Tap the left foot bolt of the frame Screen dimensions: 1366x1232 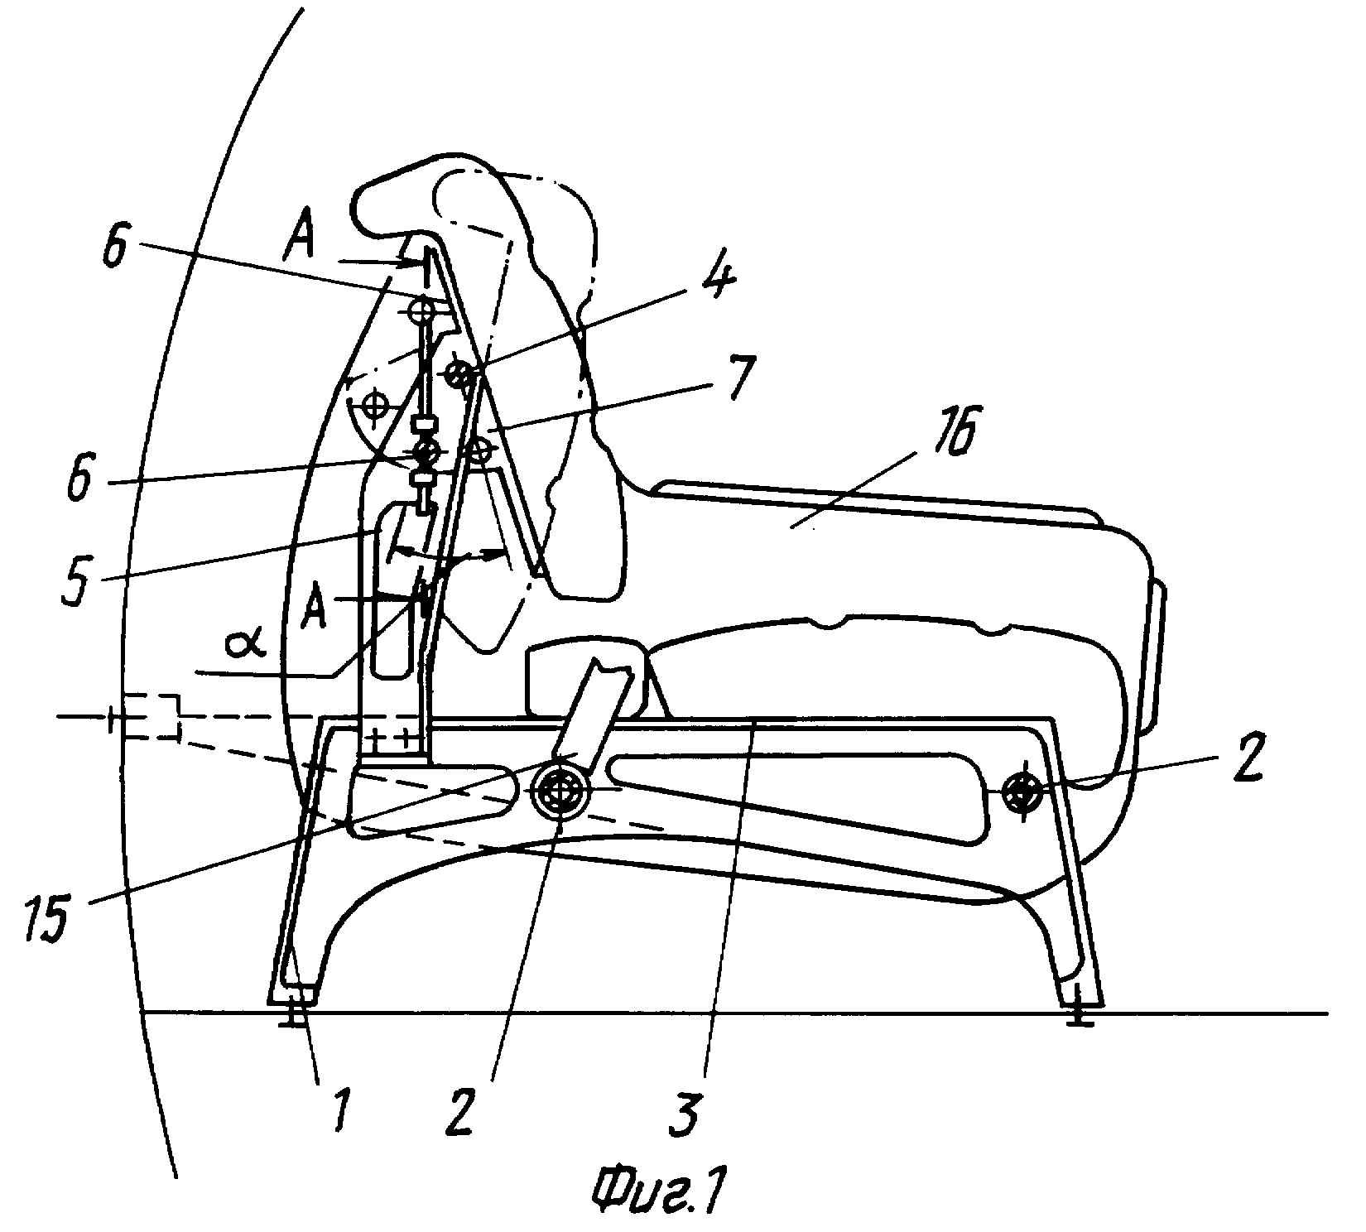pos(291,1015)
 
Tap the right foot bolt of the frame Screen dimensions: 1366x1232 pos(1076,1015)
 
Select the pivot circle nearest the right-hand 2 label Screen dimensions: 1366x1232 pos(1023,792)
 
